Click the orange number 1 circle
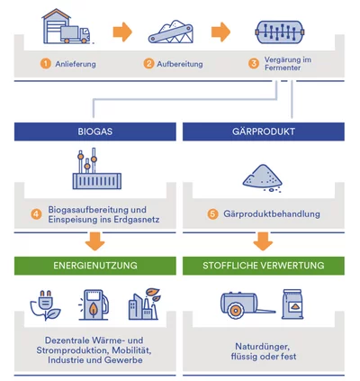click(46, 64)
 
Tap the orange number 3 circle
click(254, 63)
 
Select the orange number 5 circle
click(212, 214)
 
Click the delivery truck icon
click(76, 34)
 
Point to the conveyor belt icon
click(171, 32)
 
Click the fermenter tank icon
click(280, 32)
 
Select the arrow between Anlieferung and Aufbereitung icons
click(122, 32)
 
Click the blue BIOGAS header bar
click(95, 132)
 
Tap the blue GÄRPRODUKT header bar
click(264, 132)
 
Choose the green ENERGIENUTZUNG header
click(95, 266)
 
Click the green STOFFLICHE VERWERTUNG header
click(264, 266)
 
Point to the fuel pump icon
click(94, 304)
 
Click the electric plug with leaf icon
click(45, 305)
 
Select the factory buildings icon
click(145, 304)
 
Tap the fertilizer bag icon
click(292, 304)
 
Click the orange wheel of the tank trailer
click(235, 310)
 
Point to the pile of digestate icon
click(262, 178)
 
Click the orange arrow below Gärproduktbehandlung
click(263, 241)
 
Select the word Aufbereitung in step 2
click(180, 64)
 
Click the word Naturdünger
click(263, 347)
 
